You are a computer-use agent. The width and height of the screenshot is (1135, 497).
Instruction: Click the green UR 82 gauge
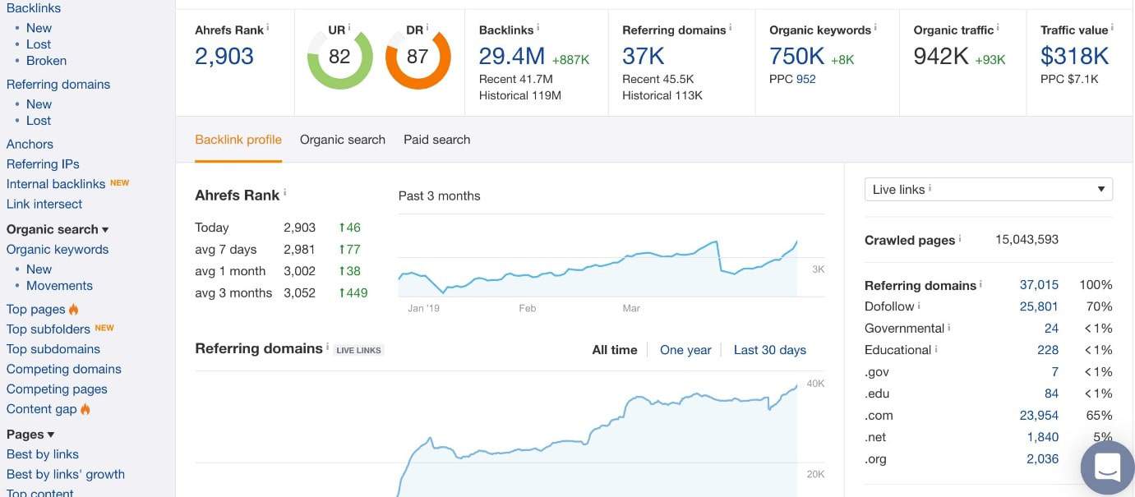point(339,57)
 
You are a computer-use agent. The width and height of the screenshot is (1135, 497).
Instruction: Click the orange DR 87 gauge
point(418,57)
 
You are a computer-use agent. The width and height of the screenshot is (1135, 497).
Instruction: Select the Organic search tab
point(342,140)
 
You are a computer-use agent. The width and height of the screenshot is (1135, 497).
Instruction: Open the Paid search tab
point(436,140)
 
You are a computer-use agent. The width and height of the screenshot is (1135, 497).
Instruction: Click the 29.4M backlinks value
point(511,57)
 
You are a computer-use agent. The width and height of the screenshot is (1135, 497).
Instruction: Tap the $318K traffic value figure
point(1074,57)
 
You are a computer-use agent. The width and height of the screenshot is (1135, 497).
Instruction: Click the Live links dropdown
point(988,190)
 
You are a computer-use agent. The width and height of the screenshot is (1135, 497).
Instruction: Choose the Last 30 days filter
point(769,350)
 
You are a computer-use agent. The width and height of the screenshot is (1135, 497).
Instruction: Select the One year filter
point(685,350)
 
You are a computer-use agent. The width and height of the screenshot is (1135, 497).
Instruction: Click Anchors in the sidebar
point(30,144)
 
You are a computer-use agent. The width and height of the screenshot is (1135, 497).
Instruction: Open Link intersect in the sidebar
point(44,204)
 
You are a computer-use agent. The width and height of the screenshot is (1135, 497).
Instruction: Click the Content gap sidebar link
point(42,409)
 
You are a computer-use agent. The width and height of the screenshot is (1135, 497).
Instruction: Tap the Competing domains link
point(63,369)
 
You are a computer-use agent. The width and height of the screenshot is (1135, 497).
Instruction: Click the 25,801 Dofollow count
point(1039,306)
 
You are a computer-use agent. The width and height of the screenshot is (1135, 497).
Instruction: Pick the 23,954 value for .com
point(1039,416)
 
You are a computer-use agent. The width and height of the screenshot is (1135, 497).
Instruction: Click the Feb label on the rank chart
point(527,309)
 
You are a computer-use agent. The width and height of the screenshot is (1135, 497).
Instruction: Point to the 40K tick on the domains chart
point(814,384)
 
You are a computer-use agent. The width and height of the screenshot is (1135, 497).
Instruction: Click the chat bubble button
point(1107,467)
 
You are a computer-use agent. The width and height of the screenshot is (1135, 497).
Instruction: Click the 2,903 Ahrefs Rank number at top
point(224,57)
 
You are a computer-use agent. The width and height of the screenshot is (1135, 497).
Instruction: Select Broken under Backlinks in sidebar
point(46,61)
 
